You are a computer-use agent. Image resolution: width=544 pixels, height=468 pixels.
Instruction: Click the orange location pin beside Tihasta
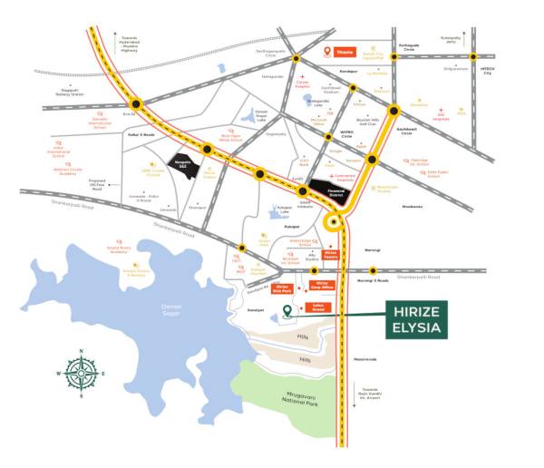coord(328,52)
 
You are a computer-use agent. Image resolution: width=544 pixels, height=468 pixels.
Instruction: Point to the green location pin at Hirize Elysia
coord(288,311)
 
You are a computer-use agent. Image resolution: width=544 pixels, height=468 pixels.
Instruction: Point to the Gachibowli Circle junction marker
coord(394,112)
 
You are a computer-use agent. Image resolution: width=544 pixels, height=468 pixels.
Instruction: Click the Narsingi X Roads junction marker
coord(374,270)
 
